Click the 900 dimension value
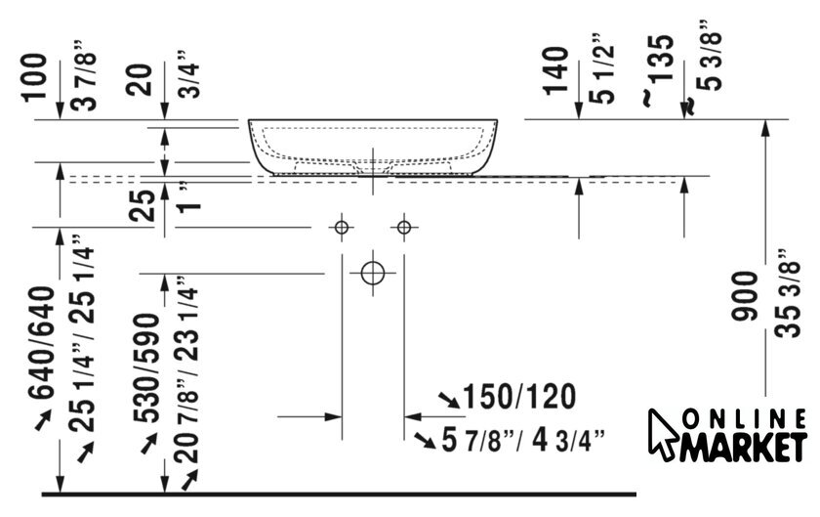point(745,295)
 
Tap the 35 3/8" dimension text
point(788,293)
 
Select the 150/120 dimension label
point(519,396)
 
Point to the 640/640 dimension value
point(42,342)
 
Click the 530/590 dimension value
point(145,367)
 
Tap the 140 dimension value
point(555,70)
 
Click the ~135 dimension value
point(661,69)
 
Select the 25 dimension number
point(143,205)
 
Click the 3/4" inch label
point(188,74)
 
